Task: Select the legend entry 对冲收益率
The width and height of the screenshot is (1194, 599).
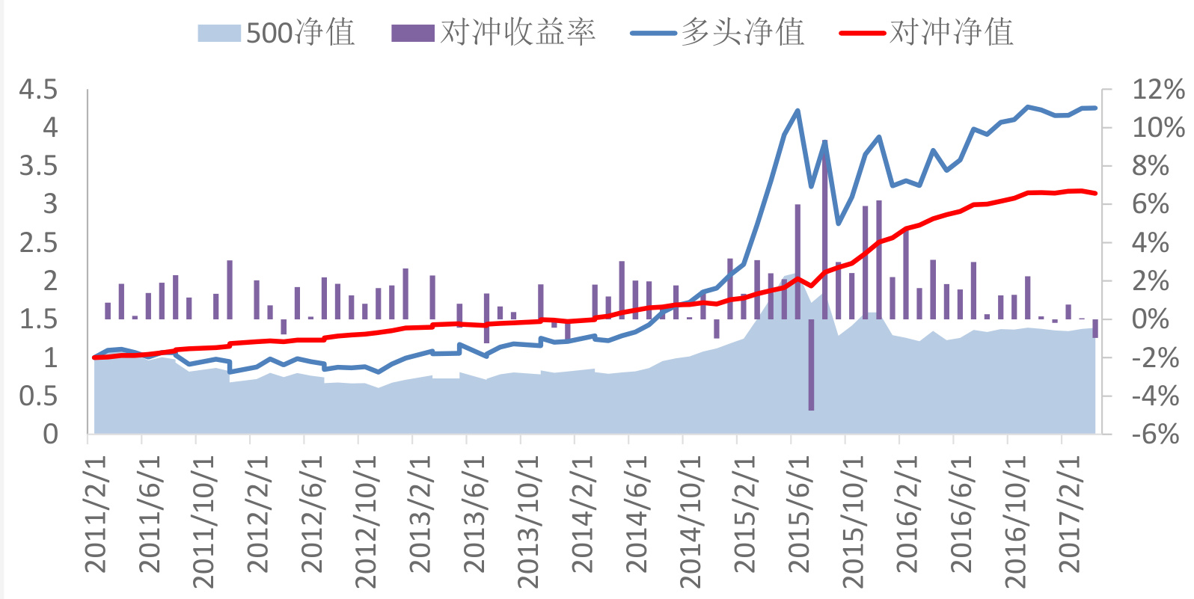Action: [x=494, y=33]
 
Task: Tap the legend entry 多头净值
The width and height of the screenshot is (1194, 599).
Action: [x=718, y=33]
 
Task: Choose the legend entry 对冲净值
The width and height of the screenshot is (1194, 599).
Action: [x=928, y=33]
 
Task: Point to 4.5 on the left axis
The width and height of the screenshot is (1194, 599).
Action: [x=38, y=90]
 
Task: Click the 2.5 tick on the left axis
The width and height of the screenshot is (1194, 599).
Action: [x=38, y=242]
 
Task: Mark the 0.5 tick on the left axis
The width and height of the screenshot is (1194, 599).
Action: [x=38, y=396]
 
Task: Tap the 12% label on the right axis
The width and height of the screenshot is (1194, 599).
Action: [x=1157, y=90]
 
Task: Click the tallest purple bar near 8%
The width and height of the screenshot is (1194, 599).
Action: [x=824, y=224]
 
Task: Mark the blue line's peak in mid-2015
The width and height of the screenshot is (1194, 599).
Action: [x=797, y=111]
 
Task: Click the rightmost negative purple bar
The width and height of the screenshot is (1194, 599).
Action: [x=1095, y=328]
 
